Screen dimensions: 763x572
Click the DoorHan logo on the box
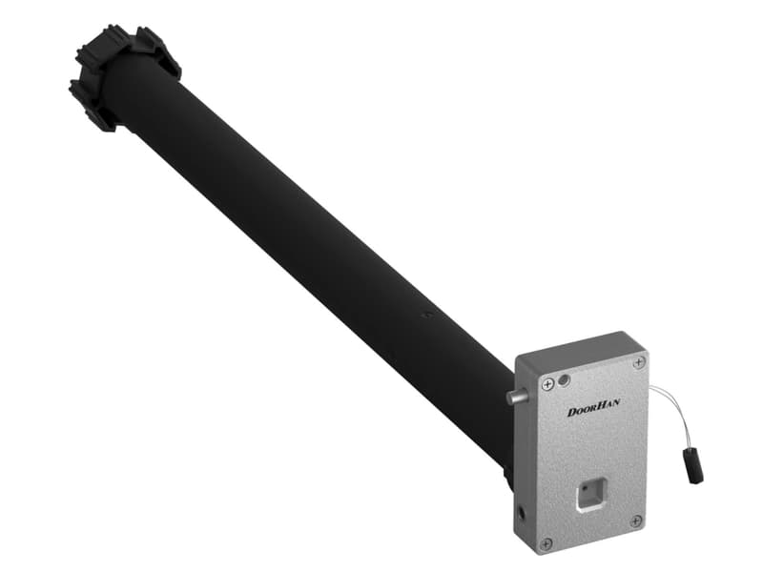(x=593, y=407)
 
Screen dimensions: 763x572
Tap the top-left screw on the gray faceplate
(x=548, y=385)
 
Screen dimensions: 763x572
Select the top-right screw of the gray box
(x=639, y=362)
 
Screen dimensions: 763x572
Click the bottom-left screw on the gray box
(x=546, y=542)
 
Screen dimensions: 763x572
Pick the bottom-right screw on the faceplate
(x=636, y=521)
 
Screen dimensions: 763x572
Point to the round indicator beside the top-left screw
(x=564, y=379)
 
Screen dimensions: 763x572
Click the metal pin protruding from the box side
(x=517, y=397)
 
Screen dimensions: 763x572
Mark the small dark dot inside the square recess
(x=585, y=488)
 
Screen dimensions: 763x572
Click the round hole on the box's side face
(x=522, y=512)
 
